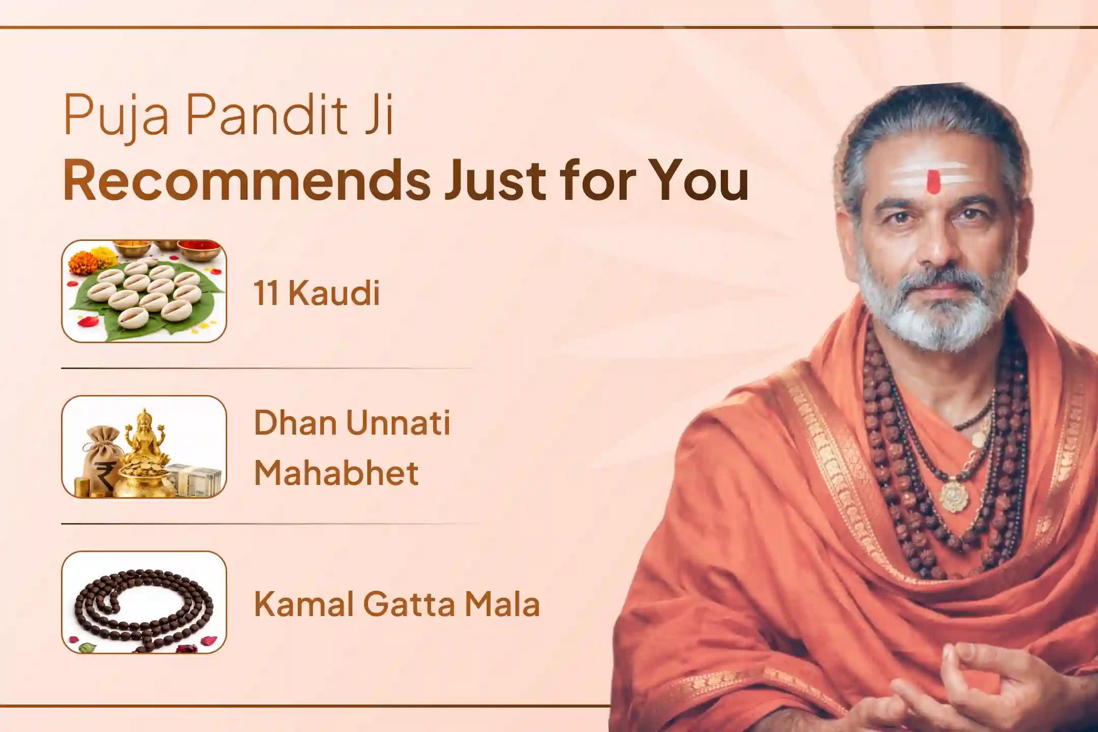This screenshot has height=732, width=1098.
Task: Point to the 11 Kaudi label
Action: point(317,293)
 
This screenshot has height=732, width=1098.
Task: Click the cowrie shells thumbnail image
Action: point(144,291)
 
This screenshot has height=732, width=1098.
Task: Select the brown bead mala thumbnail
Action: point(144,602)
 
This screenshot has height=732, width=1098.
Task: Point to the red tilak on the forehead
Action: point(932,181)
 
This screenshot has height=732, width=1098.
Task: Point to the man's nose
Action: point(935,244)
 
